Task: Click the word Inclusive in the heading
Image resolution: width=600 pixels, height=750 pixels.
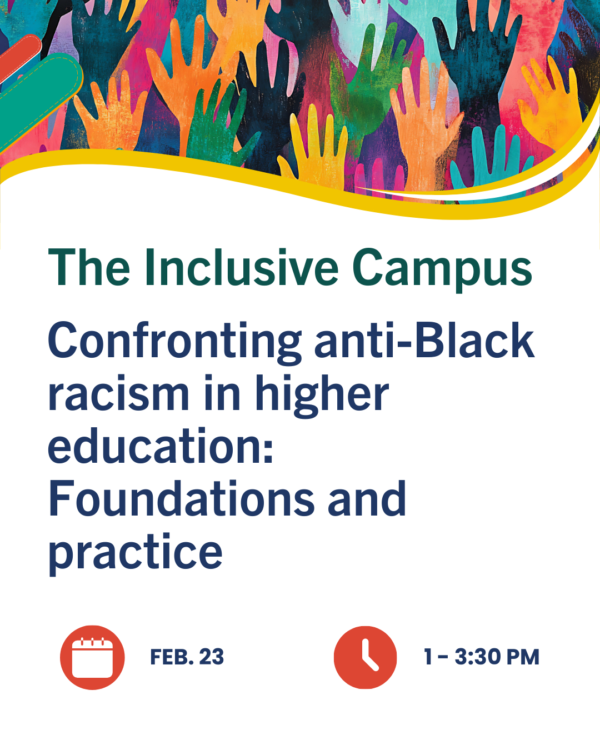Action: [x=241, y=268]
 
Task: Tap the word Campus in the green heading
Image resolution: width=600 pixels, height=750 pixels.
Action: [x=442, y=271]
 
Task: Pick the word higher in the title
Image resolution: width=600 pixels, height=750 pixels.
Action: [x=322, y=396]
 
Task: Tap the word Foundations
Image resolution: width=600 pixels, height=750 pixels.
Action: [x=181, y=498]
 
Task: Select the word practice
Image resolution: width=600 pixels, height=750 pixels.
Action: [x=135, y=554]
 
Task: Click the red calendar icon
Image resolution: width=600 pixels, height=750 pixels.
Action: [x=92, y=657]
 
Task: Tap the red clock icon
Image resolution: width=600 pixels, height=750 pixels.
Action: [x=366, y=657]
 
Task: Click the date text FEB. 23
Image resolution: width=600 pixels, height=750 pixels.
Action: [x=187, y=657]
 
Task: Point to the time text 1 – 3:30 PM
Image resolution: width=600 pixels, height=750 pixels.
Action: [x=482, y=657]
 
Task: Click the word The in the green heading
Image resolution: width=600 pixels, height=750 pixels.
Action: [x=89, y=268]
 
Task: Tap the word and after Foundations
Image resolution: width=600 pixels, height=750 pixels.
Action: [x=367, y=498]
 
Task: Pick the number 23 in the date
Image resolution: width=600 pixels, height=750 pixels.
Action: [x=212, y=657]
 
